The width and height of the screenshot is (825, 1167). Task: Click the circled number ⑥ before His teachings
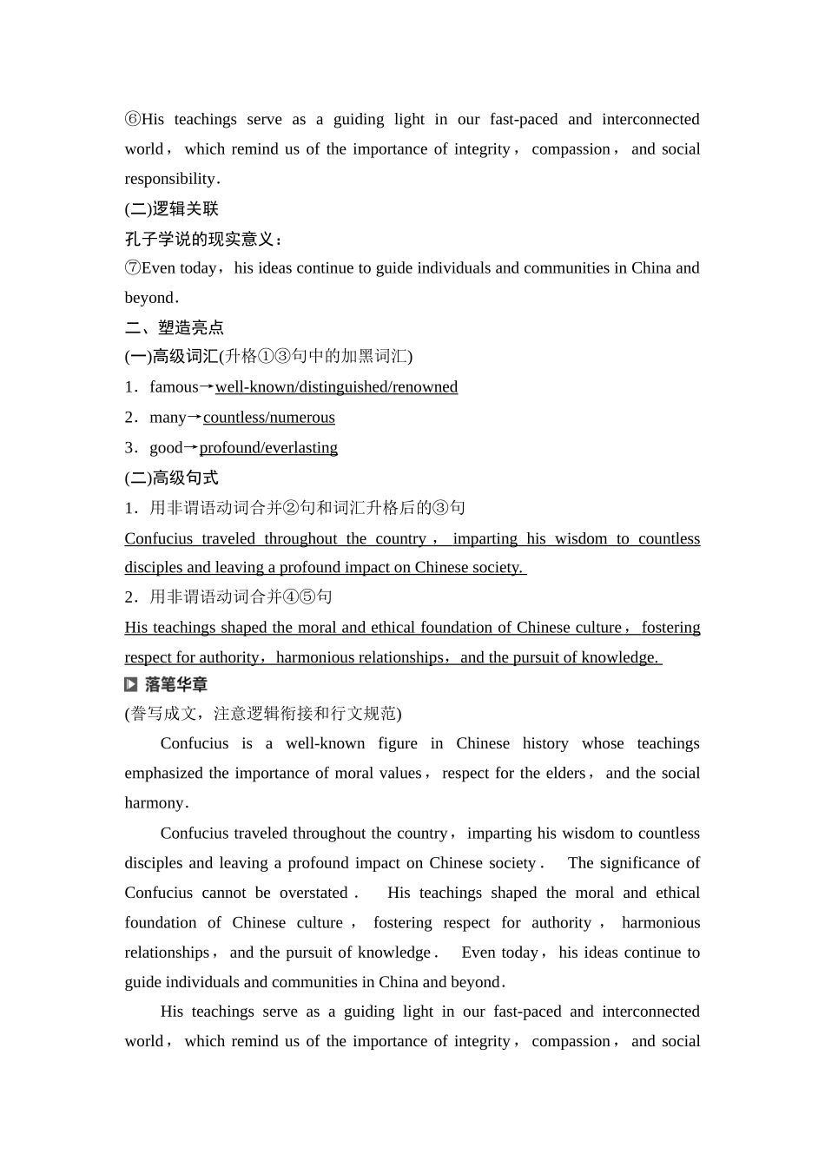pos(132,120)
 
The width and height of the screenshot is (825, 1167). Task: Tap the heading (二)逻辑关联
pos(171,209)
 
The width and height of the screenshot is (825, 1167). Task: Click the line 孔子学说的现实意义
pos(202,239)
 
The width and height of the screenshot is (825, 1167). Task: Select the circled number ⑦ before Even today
pos(132,268)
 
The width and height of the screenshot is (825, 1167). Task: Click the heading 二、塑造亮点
pos(175,327)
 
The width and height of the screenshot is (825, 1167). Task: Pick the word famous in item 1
pos(174,387)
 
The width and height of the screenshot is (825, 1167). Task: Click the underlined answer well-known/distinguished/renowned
pos(336,387)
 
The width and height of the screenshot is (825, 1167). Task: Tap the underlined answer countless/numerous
pos(268,418)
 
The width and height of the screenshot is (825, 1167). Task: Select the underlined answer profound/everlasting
pos(268,448)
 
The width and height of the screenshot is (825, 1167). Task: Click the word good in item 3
pos(166,448)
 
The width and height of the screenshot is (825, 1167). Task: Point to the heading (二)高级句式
pos(171,478)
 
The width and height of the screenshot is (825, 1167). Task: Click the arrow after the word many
pos(195,418)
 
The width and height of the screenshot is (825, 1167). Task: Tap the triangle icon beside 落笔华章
pos(131,685)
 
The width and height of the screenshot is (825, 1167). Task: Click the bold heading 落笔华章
pos(176,685)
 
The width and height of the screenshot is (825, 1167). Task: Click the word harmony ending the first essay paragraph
pos(155,803)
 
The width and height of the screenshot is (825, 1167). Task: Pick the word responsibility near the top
pos(169,179)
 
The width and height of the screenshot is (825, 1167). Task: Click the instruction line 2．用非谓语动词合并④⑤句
pos(228,597)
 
